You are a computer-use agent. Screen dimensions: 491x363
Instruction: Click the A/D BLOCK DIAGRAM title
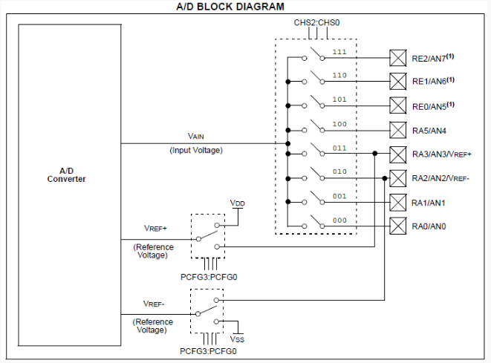[230, 7]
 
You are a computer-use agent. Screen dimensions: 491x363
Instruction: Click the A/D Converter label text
[66, 175]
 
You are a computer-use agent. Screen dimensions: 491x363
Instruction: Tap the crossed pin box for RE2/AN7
[398, 58]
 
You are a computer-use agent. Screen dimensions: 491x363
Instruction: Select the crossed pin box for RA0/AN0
[398, 226]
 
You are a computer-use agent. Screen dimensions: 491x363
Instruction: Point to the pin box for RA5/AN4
[398, 130]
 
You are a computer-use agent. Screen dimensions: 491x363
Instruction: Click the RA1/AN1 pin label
[428, 203]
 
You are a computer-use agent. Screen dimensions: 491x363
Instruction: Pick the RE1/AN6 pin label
[433, 81]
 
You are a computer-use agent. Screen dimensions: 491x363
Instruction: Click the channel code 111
[339, 52]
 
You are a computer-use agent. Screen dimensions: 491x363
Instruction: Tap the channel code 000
[339, 220]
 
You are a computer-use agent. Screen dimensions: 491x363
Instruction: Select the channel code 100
[339, 124]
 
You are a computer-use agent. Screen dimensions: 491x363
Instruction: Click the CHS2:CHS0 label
[316, 22]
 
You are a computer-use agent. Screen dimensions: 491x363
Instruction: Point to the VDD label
[238, 203]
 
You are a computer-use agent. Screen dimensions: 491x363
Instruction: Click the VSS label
[237, 339]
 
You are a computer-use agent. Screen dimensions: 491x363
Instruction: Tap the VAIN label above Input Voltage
[195, 136]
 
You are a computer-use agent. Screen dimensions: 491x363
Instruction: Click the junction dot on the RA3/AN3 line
[375, 154]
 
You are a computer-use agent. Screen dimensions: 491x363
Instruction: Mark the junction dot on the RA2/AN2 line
[385, 178]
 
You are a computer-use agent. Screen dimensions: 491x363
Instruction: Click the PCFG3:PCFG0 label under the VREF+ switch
[209, 277]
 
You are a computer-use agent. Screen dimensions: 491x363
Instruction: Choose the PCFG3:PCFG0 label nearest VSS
[208, 351]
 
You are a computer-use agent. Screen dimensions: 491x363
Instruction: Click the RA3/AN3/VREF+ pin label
[441, 154]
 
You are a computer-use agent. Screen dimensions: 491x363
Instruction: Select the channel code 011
[339, 148]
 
